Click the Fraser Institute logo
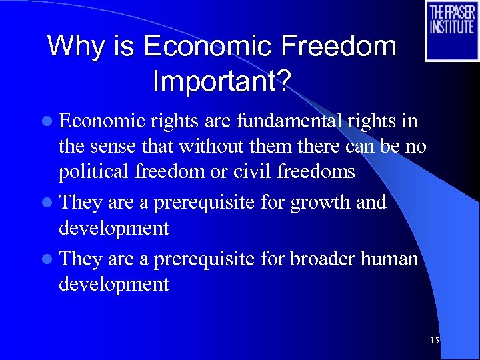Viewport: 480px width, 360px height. click(452, 31)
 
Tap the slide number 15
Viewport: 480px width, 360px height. click(435, 341)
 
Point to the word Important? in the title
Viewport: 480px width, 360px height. click(221, 81)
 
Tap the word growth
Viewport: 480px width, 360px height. click(319, 202)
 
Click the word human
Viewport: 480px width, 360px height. click(392, 258)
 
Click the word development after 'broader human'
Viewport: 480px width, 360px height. click(113, 284)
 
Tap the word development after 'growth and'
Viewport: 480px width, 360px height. click(113, 228)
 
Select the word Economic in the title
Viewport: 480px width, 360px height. click(209, 47)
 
